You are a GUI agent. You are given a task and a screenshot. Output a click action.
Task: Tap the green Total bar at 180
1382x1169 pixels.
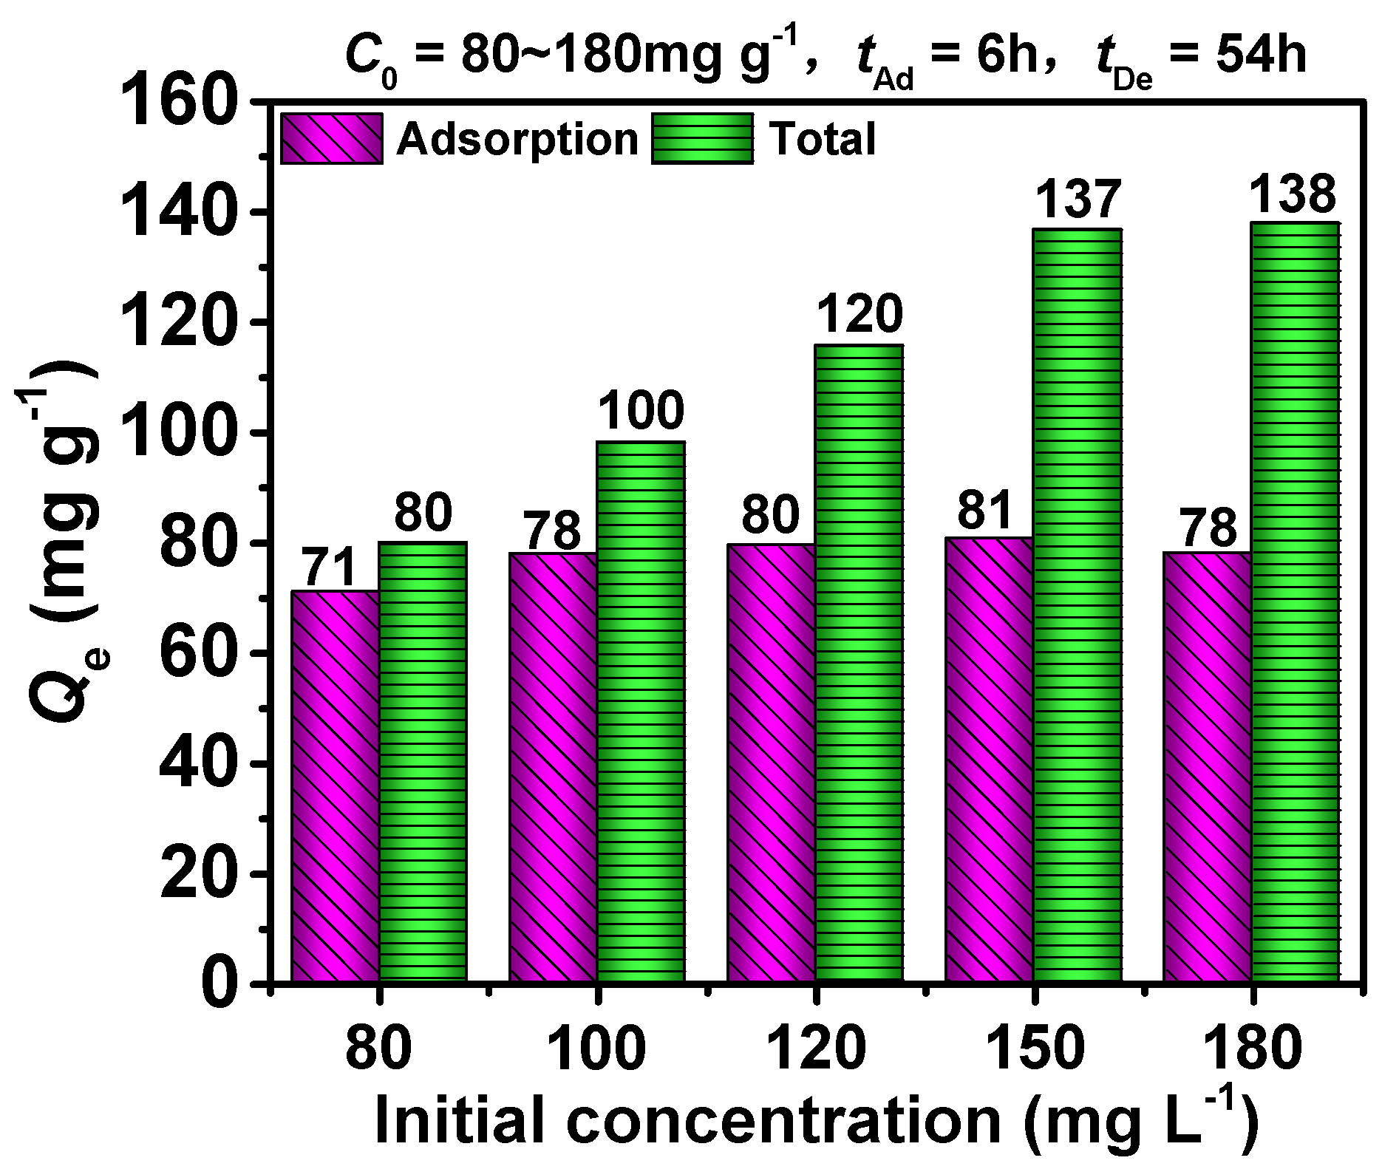click(x=1295, y=601)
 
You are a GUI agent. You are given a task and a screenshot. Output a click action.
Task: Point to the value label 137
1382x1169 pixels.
click(x=1078, y=200)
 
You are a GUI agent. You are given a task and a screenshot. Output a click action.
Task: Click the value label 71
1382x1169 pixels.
click(x=330, y=568)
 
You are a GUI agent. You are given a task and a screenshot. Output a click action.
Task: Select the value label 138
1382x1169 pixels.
click(x=1293, y=194)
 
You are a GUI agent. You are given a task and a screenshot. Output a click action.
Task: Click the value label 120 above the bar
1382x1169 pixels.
click(x=860, y=314)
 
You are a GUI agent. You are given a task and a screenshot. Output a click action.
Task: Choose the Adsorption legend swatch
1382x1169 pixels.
click(x=332, y=139)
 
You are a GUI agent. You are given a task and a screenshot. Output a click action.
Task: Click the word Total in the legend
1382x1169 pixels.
click(x=822, y=139)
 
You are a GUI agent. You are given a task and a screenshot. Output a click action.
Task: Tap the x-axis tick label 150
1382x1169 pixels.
click(x=1035, y=1049)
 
